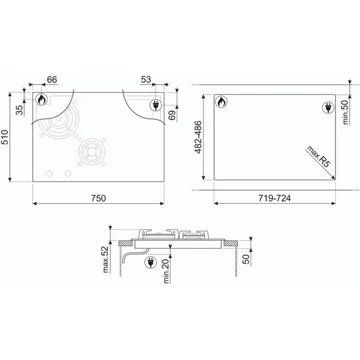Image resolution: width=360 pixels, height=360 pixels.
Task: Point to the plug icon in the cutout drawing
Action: (330, 105)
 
